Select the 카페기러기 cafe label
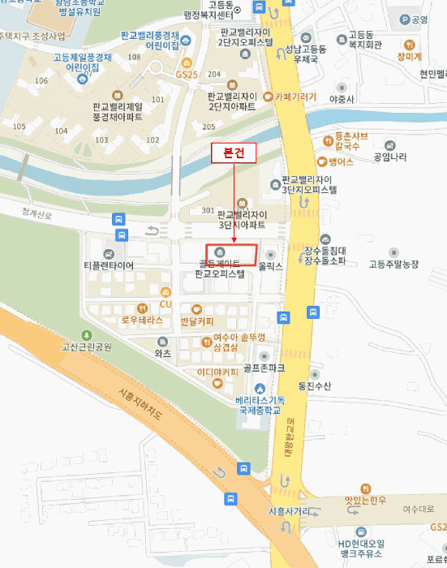295,96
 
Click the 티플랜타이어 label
109,265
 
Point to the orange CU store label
166,304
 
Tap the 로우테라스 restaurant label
142,320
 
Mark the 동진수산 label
314,385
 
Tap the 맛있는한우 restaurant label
363,500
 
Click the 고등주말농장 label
393,264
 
